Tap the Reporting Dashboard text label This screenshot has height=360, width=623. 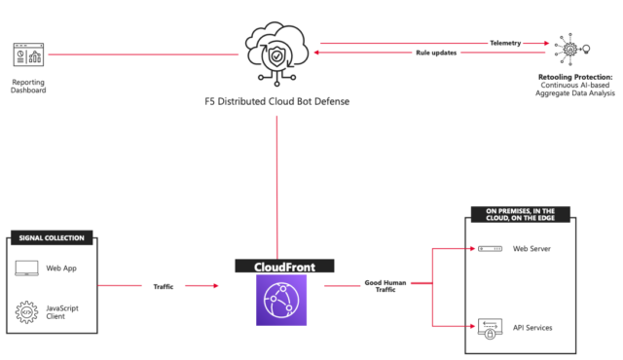pos(27,88)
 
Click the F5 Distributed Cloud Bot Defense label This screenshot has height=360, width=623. pos(277,101)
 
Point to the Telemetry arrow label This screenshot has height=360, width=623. pos(505,43)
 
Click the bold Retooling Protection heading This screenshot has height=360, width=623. pos(575,76)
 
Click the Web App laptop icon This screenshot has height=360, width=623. pos(29,267)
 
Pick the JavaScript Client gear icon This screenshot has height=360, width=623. pos(29,312)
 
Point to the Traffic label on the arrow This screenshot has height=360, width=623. pos(163,286)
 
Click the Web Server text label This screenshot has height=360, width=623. pos(534,249)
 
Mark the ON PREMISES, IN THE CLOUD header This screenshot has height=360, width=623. pos(521,215)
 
